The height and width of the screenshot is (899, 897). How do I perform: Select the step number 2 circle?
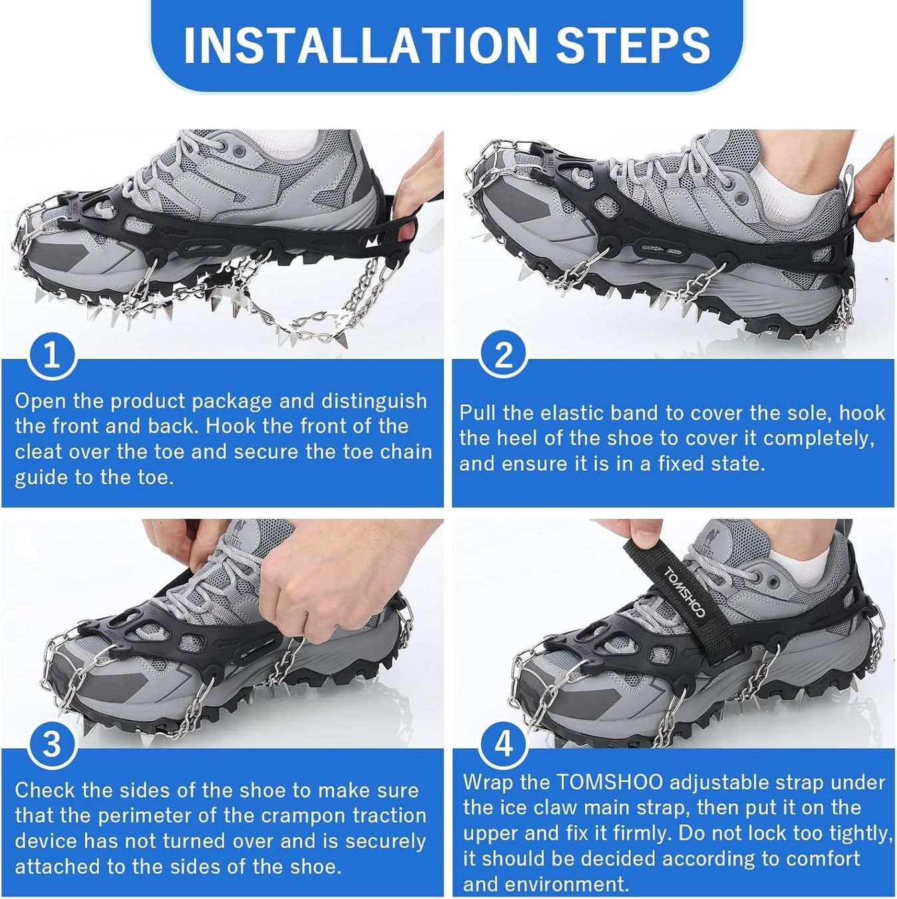[x=503, y=354]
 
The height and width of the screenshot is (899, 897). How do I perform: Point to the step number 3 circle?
[x=52, y=745]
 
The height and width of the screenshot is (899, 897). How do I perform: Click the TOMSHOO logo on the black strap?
[x=684, y=593]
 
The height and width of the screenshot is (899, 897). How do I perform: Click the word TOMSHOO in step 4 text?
[x=610, y=782]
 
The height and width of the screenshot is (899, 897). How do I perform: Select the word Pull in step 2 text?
[x=478, y=413]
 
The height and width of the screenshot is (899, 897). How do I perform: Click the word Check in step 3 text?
[x=45, y=790]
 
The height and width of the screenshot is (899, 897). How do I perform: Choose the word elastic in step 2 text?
[x=571, y=413]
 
